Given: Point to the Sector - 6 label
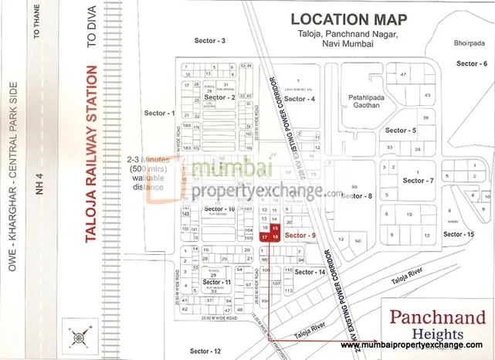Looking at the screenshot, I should pos(472,63).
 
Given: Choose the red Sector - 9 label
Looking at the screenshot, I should pos(300,234).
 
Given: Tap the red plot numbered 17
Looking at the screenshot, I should pos(265,237).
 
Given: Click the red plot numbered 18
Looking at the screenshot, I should pos(276,237).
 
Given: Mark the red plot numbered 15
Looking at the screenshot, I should pos(276,229).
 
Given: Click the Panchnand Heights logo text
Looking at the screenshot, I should pos(436,323).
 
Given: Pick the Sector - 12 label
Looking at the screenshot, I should pos(205,350).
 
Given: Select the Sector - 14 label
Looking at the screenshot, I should pos(309,272).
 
